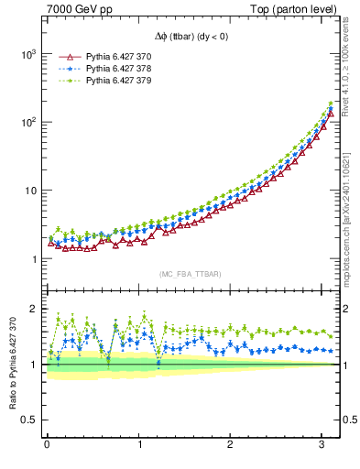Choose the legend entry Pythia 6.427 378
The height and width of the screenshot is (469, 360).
click(116, 68)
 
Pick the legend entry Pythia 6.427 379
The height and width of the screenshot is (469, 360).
click(116, 81)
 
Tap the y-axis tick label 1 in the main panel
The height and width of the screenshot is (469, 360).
click(35, 259)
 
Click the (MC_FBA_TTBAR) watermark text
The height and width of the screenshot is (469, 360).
click(191, 275)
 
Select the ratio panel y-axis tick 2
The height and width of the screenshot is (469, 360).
click(35, 309)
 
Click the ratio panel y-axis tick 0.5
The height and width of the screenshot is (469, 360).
click(30, 420)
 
